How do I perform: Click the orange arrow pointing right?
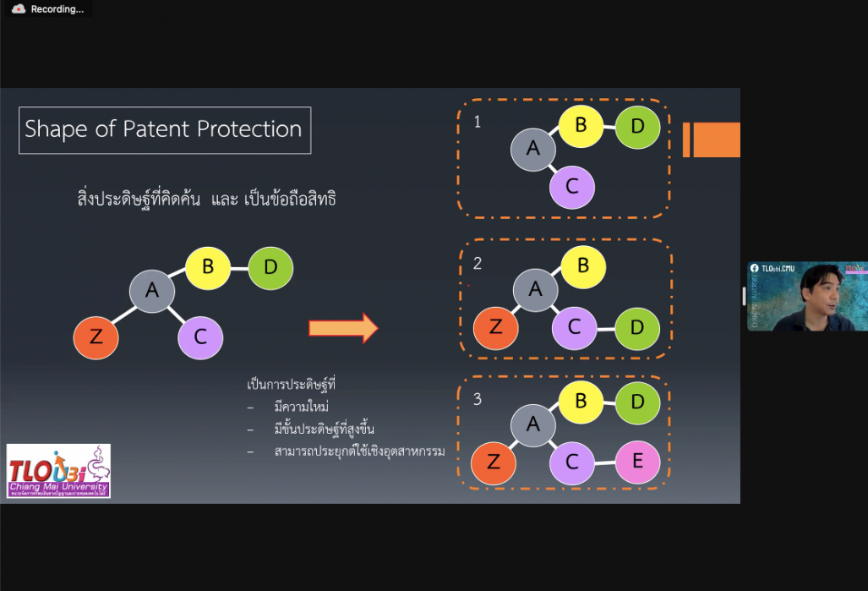[343, 328]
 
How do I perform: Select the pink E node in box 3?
[637, 462]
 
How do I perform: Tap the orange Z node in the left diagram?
[96, 337]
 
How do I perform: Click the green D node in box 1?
[637, 128]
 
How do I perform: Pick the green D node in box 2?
[637, 327]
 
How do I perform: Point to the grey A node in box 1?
[533, 149]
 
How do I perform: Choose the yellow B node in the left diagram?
[208, 268]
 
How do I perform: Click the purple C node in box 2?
[575, 327]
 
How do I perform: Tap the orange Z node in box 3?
[494, 462]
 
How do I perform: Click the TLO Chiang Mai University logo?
[58, 471]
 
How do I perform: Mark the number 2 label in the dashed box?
[478, 264]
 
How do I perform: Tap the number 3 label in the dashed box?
[478, 399]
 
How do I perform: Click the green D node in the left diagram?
[270, 268]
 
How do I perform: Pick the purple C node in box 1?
[572, 186]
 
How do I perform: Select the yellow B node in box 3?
[581, 401]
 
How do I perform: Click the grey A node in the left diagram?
[152, 291]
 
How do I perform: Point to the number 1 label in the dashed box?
[478, 122]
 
